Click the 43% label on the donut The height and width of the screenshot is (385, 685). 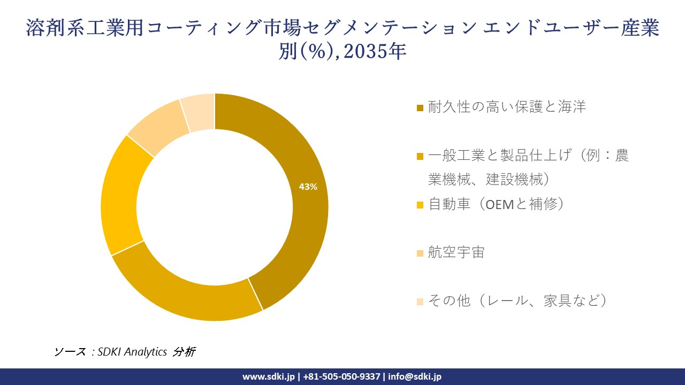[308, 187]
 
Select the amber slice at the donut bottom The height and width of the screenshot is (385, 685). [187, 297]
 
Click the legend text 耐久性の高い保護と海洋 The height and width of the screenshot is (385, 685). [507, 107]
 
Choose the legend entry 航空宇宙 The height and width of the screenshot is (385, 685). [456, 252]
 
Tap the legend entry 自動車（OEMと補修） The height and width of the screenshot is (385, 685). [496, 204]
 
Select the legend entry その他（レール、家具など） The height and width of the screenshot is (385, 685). [518, 301]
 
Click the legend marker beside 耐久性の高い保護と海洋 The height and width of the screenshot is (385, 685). [420, 108]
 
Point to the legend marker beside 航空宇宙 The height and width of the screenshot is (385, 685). [420, 253]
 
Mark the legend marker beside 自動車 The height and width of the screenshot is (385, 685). [420, 205]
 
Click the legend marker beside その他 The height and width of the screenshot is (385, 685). [420, 302]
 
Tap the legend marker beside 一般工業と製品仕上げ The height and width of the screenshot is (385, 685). [420, 157]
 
